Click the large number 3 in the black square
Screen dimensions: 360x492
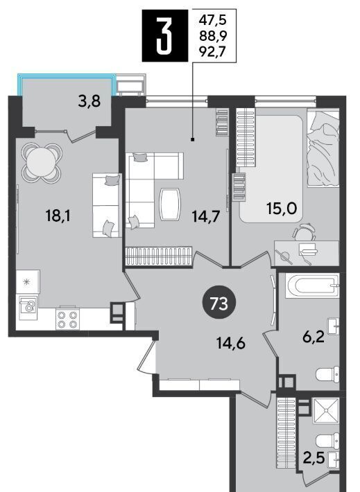click(x=164, y=35)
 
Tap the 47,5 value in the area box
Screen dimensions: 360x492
click(x=212, y=21)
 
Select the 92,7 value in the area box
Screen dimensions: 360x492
click(x=212, y=51)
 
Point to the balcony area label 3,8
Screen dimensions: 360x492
click(x=89, y=101)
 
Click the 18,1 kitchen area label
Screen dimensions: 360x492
click(x=58, y=216)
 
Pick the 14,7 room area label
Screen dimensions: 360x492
click(x=206, y=216)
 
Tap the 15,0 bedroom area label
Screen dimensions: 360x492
click(x=282, y=209)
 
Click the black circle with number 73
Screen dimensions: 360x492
click(x=219, y=304)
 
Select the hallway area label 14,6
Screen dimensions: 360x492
click(x=231, y=343)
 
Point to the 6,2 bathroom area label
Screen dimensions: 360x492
click(x=314, y=338)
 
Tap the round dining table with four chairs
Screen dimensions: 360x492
click(x=42, y=163)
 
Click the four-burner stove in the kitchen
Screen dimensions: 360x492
click(x=67, y=319)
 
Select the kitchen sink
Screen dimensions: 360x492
click(x=28, y=307)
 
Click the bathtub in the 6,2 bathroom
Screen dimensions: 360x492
click(x=312, y=286)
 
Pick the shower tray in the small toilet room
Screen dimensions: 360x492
click(x=326, y=411)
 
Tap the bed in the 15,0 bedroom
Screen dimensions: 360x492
click(x=323, y=148)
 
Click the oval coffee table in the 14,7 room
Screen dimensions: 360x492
click(x=170, y=204)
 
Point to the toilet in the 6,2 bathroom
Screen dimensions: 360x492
click(x=327, y=374)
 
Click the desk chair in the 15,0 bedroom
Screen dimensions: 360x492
click(x=304, y=233)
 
